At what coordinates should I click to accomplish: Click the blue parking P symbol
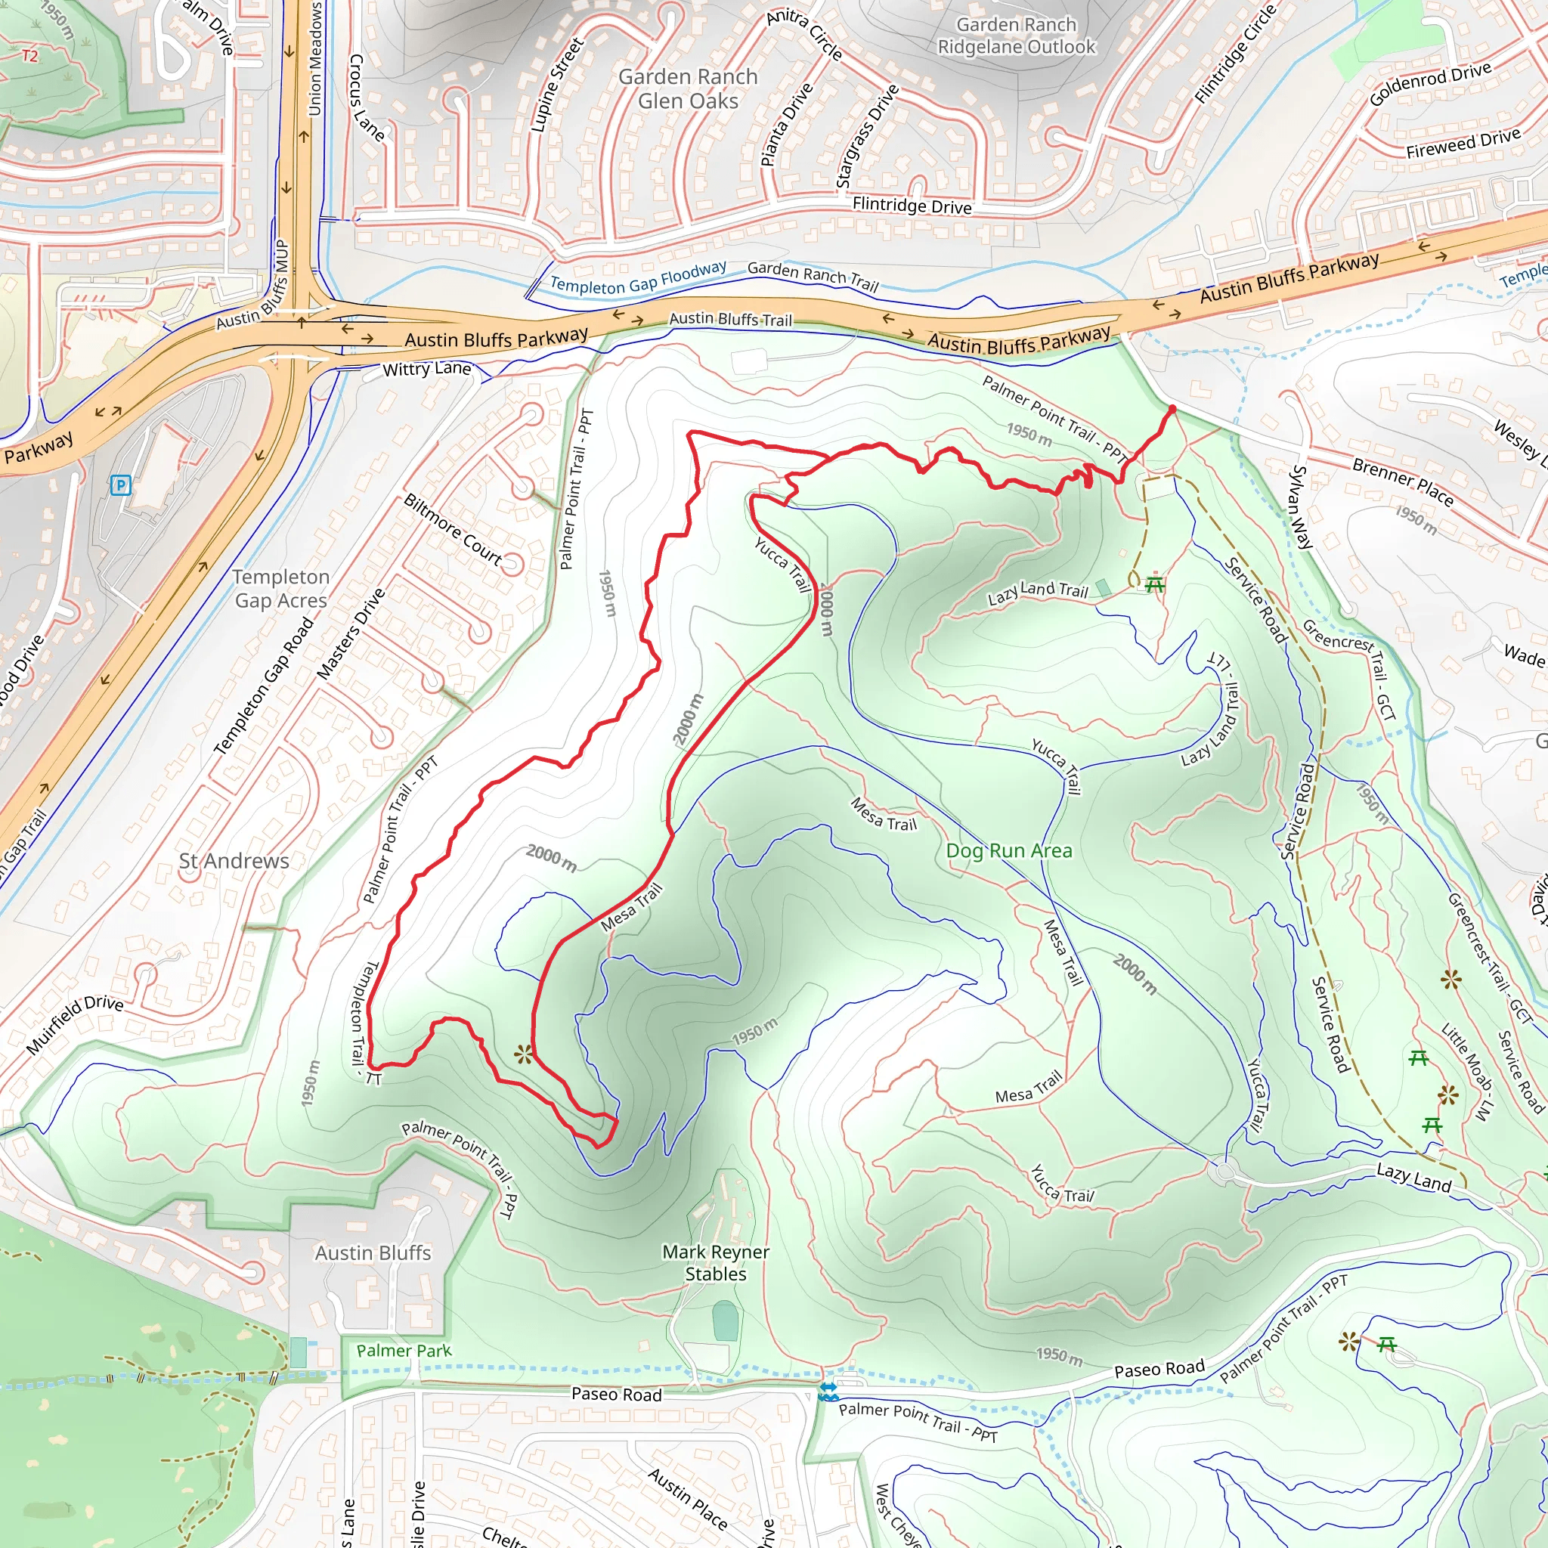click(120, 485)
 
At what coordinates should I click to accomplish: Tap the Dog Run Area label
click(1009, 851)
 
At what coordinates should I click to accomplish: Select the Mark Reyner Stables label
click(716, 1263)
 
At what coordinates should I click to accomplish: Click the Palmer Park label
click(404, 1351)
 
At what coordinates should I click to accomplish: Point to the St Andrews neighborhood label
click(234, 862)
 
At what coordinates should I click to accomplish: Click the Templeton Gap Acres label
click(280, 589)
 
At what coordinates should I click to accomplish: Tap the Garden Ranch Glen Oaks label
click(689, 89)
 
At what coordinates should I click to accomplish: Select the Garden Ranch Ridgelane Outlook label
click(1016, 36)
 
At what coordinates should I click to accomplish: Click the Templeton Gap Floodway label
click(638, 278)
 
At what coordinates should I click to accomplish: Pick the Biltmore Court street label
click(453, 531)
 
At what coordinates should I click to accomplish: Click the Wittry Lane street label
click(426, 370)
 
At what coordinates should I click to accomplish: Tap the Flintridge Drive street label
click(912, 206)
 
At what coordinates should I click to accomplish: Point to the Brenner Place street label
click(1402, 481)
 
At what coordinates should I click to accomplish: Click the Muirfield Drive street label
click(75, 1026)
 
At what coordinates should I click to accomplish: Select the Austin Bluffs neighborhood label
click(373, 1253)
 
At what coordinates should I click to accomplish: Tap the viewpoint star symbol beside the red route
click(524, 1054)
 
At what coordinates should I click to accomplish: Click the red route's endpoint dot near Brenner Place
click(1172, 410)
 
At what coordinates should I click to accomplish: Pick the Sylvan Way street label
click(1302, 507)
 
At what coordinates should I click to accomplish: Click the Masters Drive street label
click(351, 635)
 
